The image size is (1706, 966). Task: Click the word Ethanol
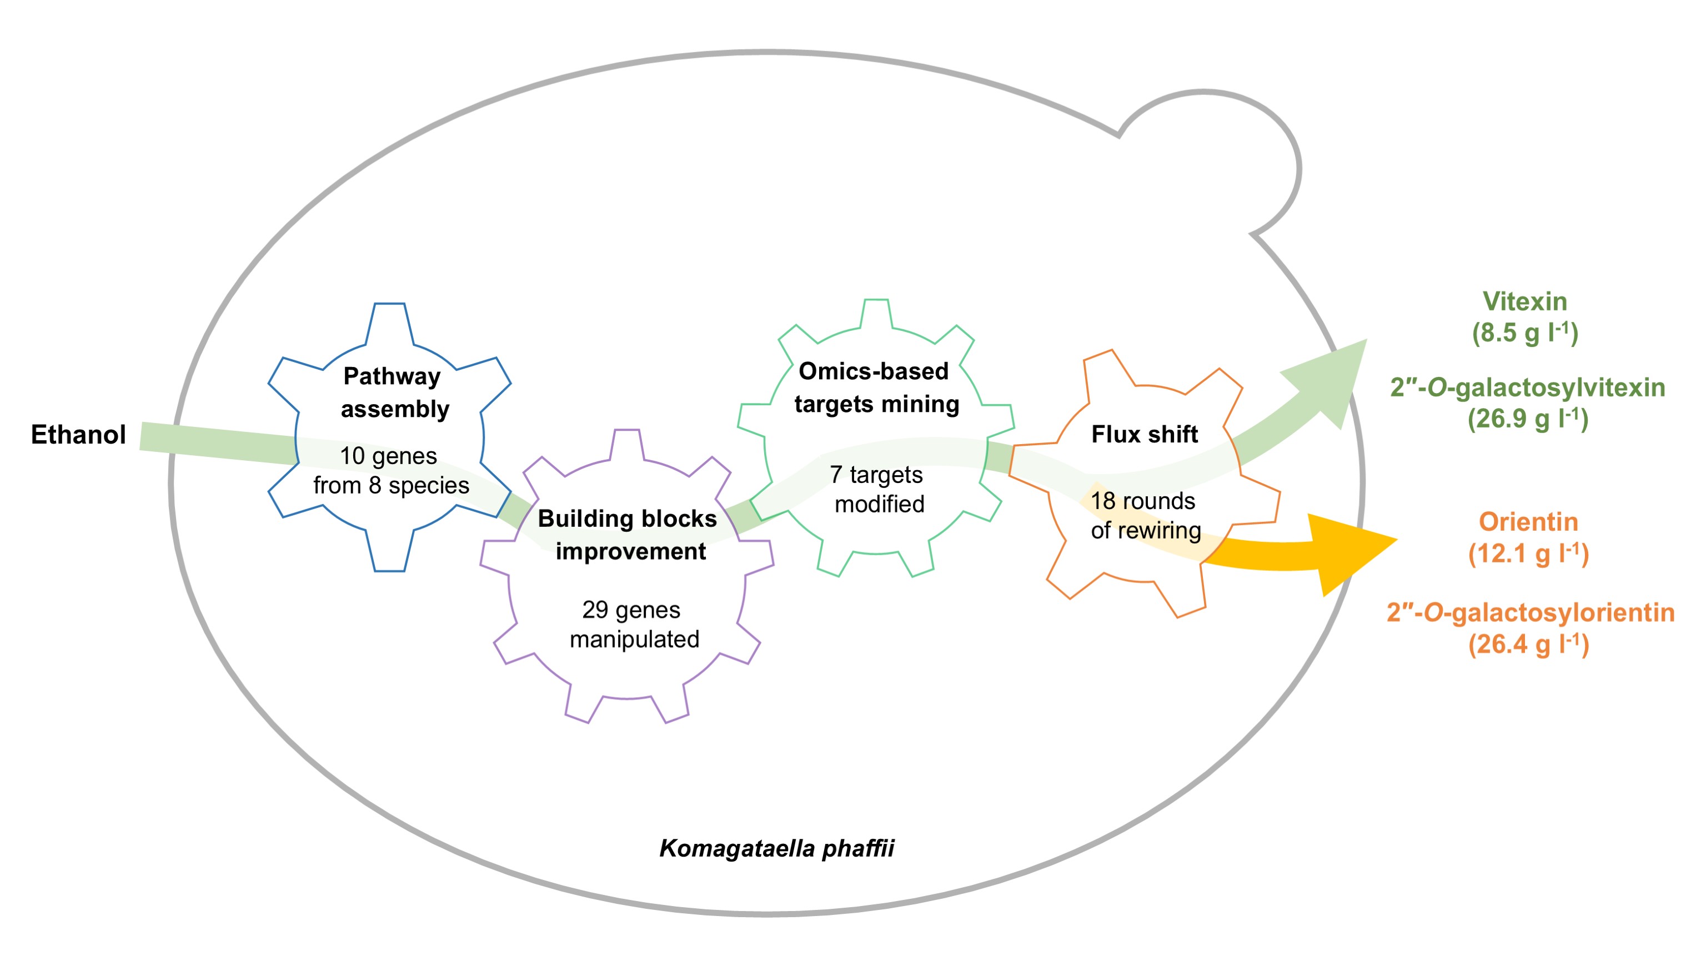78,435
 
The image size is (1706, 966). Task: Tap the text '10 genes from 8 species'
390,470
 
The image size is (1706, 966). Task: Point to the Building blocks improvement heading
628,535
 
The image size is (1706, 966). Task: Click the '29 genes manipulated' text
633,625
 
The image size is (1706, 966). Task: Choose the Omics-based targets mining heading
876,388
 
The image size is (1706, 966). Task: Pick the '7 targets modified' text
877,489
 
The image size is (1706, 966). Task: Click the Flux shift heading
1144,435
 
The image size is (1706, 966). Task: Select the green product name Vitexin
1525,302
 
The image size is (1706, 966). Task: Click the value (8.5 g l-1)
1525,333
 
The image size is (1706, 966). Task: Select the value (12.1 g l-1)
1528,554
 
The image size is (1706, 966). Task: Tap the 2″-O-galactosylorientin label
1530,612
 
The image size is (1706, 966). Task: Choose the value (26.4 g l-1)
1528,644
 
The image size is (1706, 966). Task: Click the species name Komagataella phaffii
776,848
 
